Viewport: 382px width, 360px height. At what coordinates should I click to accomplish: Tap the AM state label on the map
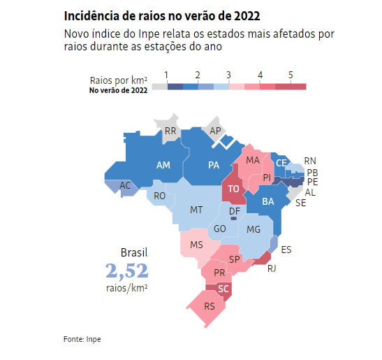[x=163, y=166]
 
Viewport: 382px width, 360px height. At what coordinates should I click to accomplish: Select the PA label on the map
[x=214, y=166]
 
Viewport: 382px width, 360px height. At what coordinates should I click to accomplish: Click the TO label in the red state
[x=234, y=189]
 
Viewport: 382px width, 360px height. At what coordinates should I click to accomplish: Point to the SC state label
[x=223, y=289]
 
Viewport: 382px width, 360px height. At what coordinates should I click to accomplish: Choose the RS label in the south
[x=210, y=305]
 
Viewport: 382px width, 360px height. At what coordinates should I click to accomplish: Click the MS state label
[x=196, y=245]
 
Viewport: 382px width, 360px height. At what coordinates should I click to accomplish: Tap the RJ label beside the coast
[x=272, y=268]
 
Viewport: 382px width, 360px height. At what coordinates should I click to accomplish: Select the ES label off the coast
[x=286, y=249]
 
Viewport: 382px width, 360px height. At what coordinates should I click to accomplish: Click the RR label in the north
[x=170, y=131]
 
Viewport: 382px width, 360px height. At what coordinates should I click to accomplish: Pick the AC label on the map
[x=125, y=185]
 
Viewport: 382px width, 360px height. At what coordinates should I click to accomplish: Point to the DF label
[x=235, y=211]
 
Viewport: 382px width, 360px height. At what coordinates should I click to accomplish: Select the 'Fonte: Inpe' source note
[x=82, y=339]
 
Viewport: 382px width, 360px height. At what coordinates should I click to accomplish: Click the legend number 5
[x=291, y=75]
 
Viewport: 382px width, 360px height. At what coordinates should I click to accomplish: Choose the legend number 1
[x=166, y=75]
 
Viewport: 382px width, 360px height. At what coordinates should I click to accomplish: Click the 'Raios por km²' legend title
[x=118, y=80]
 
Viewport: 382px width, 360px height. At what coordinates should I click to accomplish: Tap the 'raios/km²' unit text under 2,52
[x=126, y=287]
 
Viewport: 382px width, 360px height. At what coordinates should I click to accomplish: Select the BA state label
[x=267, y=202]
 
